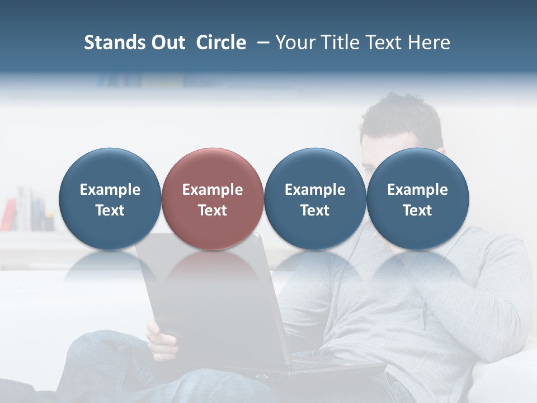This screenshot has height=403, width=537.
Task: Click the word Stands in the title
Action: click(x=111, y=43)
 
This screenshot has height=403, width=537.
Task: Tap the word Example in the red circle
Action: click(x=213, y=190)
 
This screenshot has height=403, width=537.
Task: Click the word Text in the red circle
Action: click(x=213, y=210)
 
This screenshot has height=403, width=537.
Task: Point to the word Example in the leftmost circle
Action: click(x=110, y=190)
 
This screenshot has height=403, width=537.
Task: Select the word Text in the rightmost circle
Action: click(x=417, y=210)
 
